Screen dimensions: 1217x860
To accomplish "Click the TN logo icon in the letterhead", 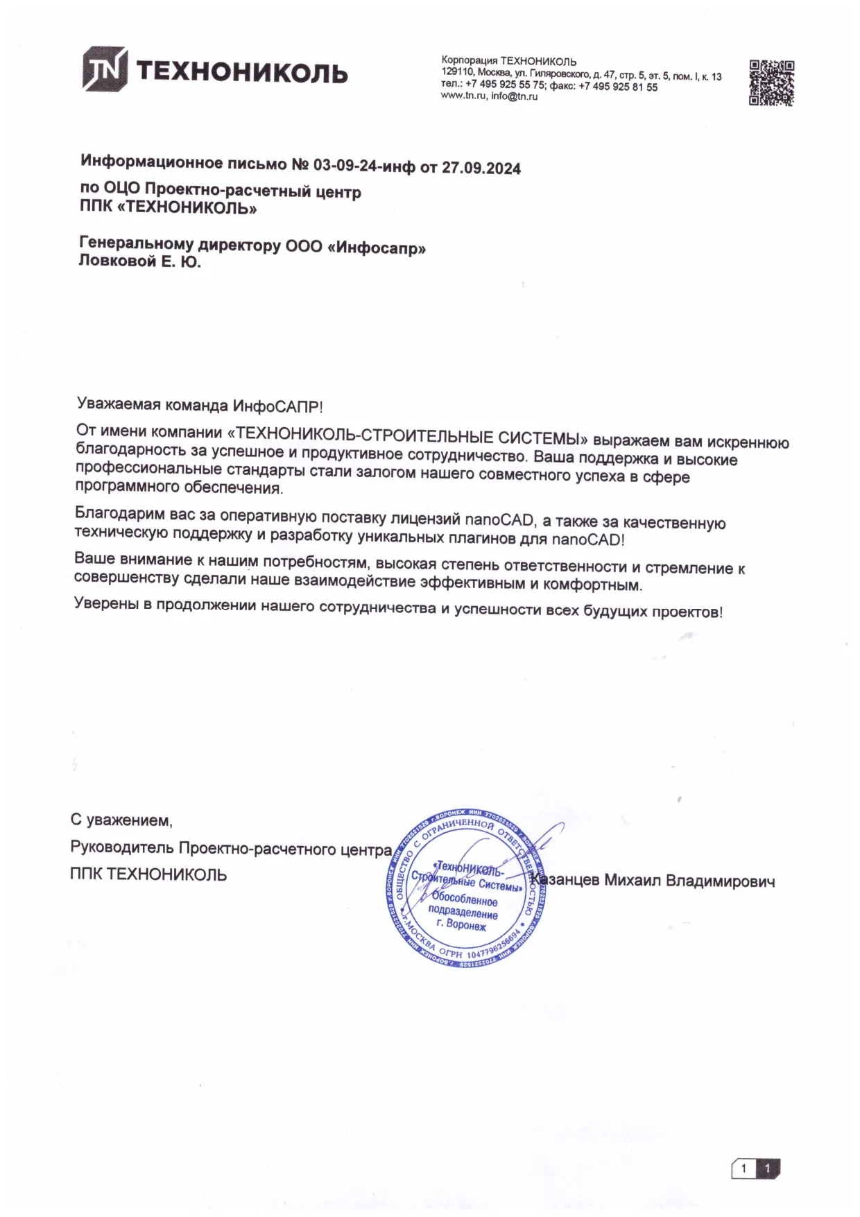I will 105,69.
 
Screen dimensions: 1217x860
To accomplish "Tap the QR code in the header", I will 771,83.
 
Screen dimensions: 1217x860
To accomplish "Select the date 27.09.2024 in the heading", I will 481,168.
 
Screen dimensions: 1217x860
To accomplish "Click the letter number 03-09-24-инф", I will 364,166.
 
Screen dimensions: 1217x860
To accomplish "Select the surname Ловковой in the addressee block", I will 114,261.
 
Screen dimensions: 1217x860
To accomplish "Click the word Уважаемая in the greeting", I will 119,404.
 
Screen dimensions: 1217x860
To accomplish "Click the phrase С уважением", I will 121,820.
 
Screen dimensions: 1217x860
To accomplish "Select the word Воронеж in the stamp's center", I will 466,925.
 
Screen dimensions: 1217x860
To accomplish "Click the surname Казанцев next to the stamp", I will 565,881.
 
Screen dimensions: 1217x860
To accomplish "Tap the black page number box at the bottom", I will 768,1169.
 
